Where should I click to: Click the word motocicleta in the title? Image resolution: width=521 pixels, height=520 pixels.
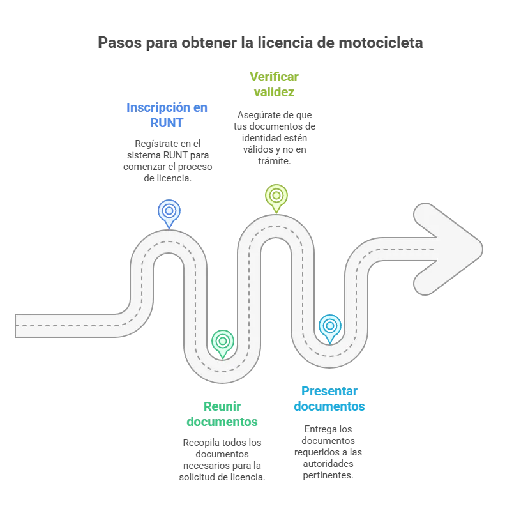click(x=381, y=43)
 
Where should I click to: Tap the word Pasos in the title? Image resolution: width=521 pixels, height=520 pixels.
click(x=119, y=43)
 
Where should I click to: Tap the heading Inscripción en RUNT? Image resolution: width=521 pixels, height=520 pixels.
click(x=167, y=115)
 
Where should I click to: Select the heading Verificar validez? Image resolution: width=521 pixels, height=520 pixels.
click(x=274, y=84)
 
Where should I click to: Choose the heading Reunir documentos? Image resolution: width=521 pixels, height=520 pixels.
click(x=222, y=414)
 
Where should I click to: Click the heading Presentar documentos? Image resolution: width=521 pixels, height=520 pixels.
click(x=329, y=399)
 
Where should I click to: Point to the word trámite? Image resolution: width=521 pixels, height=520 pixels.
click(x=275, y=161)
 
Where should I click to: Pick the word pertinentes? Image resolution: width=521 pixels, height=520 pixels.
click(x=328, y=475)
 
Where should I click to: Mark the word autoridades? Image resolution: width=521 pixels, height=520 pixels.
click(x=328, y=464)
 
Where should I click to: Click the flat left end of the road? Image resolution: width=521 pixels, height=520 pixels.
click(x=15, y=326)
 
